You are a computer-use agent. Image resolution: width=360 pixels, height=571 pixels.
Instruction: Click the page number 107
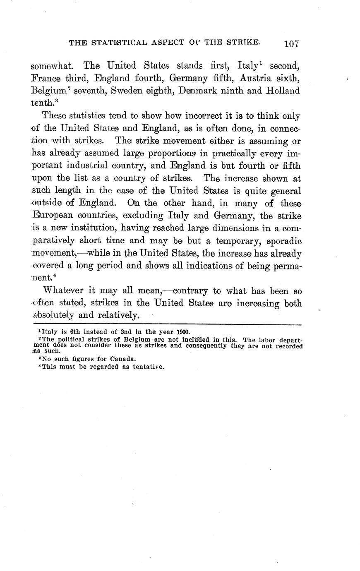pyautogui.click(x=291, y=44)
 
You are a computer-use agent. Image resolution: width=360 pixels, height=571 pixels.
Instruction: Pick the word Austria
pyautogui.click(x=257, y=78)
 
